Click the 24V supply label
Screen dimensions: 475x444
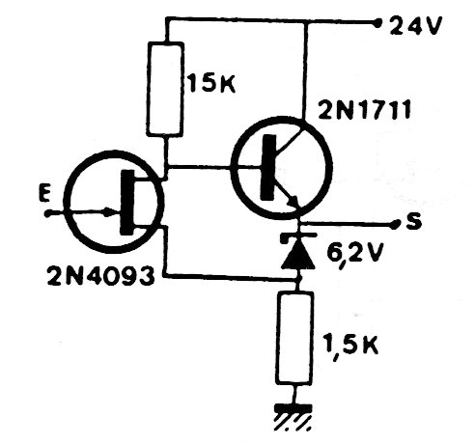click(x=415, y=25)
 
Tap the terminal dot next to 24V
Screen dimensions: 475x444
click(x=377, y=23)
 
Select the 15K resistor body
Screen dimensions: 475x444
click(x=165, y=89)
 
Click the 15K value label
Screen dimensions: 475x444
click(x=212, y=83)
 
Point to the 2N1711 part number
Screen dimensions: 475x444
click(x=364, y=110)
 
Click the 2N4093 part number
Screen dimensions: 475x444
click(x=100, y=276)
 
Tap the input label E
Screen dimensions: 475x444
click(x=44, y=192)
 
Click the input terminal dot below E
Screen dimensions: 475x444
click(x=48, y=213)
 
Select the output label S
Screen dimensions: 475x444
click(x=414, y=221)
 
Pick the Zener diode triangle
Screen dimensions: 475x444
click(x=297, y=253)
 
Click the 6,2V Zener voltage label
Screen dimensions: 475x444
click(x=354, y=254)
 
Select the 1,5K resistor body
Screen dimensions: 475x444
click(x=294, y=338)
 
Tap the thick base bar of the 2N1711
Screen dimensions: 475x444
click(x=268, y=167)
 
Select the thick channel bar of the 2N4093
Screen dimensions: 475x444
click(x=126, y=203)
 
